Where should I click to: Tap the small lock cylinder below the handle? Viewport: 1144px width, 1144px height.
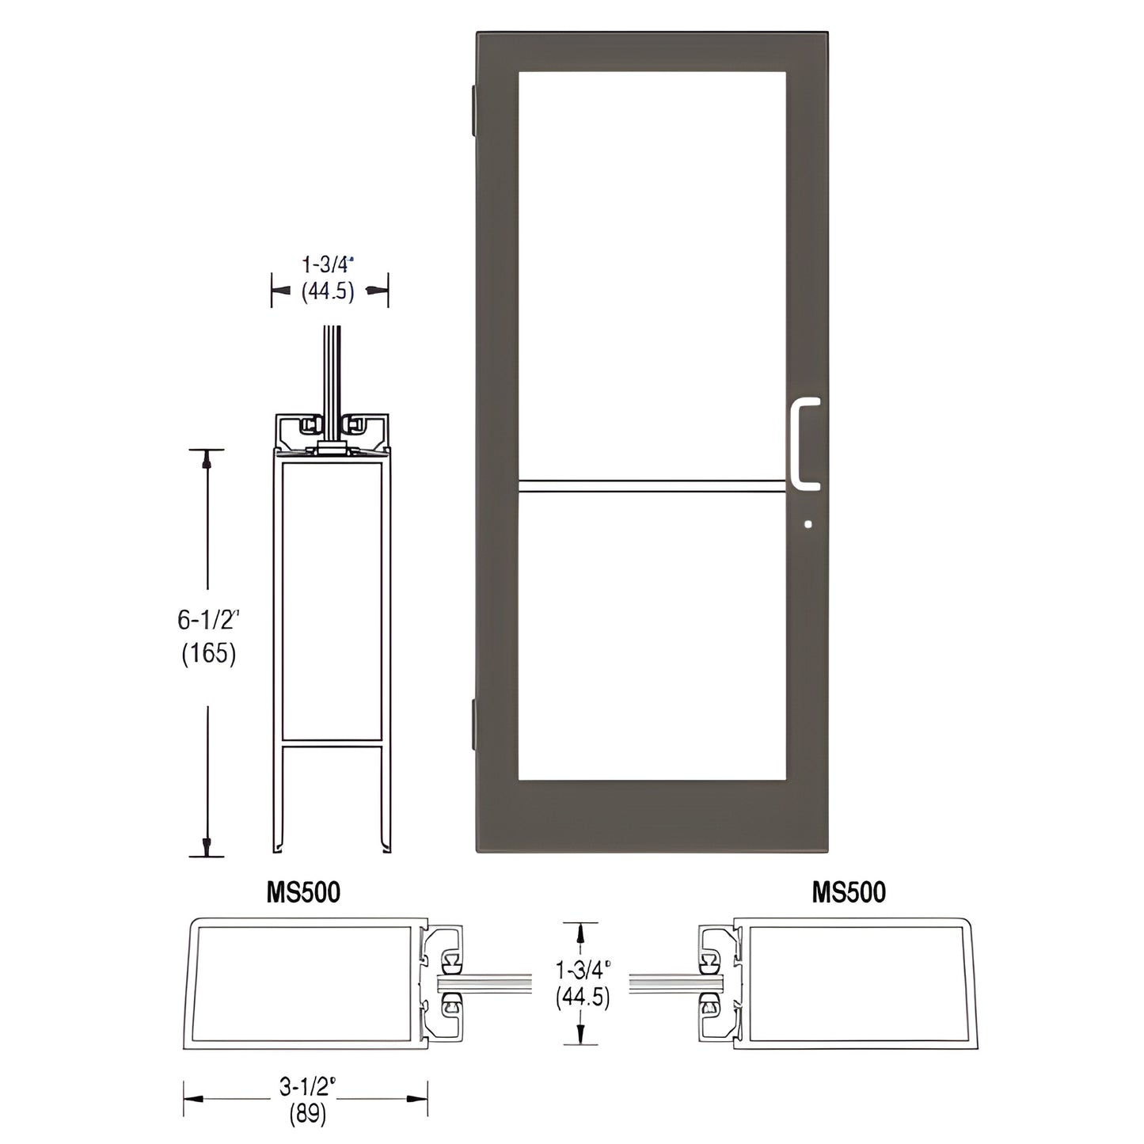[807, 523]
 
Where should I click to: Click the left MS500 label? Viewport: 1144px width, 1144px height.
[303, 892]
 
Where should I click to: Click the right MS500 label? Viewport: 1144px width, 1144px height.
[849, 892]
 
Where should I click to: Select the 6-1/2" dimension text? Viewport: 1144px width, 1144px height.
[207, 620]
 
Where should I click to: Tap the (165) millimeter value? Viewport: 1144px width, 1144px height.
[209, 653]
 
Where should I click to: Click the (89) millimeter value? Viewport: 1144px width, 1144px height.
[307, 1114]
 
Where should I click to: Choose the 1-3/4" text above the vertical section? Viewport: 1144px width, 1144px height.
[327, 264]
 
